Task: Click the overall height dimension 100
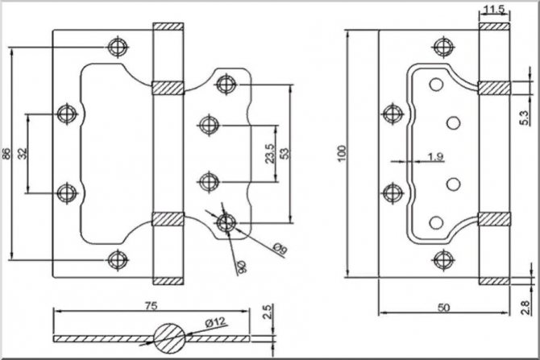tap(342, 151)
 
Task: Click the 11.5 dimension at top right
tap(495, 10)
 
